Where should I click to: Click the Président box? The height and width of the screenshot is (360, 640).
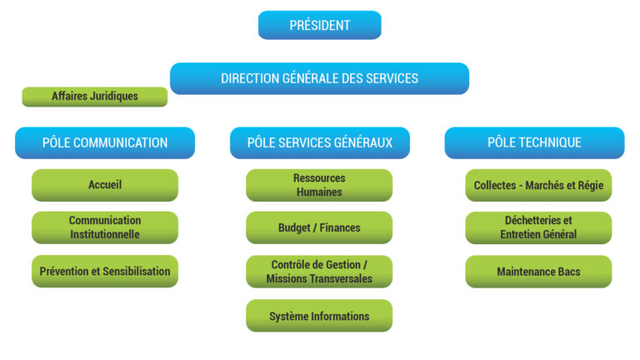click(320, 25)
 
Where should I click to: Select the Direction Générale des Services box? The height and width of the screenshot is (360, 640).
click(320, 78)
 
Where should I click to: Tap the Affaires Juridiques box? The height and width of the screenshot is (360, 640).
click(95, 97)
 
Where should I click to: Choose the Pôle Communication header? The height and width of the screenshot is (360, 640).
click(105, 142)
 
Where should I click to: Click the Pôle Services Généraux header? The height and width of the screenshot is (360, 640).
click(320, 142)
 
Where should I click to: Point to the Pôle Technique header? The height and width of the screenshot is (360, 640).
click(534, 142)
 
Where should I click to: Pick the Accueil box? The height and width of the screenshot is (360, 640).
click(105, 185)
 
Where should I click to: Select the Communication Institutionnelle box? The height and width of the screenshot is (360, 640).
click(105, 227)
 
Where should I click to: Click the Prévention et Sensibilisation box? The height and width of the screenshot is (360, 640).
click(105, 272)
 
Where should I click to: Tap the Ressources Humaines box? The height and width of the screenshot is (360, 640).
click(319, 185)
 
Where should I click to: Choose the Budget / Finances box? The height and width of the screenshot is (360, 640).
click(319, 227)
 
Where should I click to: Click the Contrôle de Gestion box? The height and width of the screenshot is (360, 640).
click(319, 272)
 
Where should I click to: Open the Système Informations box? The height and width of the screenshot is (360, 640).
click(319, 316)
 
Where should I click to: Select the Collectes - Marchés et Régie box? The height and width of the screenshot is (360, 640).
click(538, 185)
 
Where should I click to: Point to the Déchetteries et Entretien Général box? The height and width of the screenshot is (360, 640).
click(538, 227)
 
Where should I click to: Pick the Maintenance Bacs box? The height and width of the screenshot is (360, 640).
click(538, 272)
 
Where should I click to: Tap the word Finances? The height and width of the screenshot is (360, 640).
click(340, 227)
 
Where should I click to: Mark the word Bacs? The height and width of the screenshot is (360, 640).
click(569, 272)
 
